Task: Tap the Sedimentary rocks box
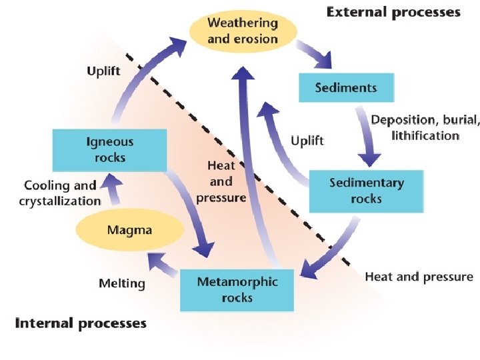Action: tap(366, 190)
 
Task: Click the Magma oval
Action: tap(129, 231)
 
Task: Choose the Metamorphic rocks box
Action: tap(237, 289)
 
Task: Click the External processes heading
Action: tap(393, 12)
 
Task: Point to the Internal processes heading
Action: tap(80, 323)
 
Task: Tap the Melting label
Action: tap(121, 283)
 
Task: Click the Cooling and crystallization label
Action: tap(60, 193)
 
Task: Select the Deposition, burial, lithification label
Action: tap(424, 127)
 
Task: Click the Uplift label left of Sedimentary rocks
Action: tap(307, 141)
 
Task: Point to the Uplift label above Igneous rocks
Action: tap(103, 71)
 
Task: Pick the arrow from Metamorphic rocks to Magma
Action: tap(164, 266)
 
